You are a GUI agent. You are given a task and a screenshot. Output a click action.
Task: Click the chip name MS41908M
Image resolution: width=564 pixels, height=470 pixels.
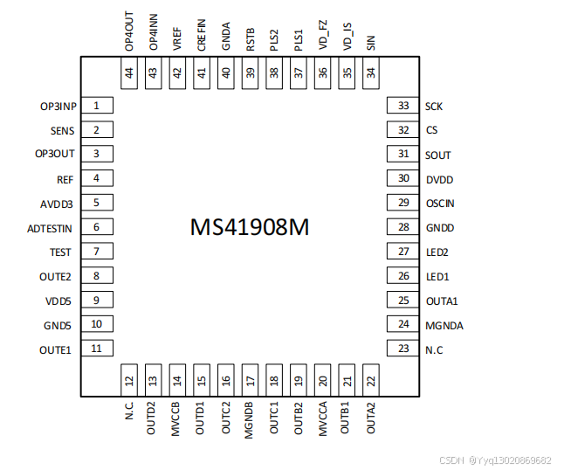250,227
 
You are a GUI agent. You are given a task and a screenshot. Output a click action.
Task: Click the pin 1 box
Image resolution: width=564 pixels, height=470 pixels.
97,106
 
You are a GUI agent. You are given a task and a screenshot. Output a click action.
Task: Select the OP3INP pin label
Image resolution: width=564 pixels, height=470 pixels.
58,106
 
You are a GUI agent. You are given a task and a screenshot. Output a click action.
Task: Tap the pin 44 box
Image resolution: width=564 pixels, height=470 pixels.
129,74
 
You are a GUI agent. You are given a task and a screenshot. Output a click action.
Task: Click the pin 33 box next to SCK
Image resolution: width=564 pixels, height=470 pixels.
402,106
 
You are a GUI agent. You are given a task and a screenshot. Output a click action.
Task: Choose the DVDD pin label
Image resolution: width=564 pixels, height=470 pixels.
439,179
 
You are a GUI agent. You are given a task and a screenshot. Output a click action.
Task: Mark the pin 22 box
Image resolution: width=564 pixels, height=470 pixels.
371,380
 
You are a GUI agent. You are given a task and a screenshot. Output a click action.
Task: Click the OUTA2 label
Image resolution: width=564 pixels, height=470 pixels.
372,418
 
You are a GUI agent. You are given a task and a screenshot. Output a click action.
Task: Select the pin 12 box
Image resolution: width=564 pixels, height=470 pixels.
129,380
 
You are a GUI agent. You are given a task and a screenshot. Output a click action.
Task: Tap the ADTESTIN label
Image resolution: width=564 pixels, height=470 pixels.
50,227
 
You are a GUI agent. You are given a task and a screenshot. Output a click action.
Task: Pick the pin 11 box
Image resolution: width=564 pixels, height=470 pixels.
97,349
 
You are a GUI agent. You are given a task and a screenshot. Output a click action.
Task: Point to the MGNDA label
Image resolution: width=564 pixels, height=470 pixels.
444,325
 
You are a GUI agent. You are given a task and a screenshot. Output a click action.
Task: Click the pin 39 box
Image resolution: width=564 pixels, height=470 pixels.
251,74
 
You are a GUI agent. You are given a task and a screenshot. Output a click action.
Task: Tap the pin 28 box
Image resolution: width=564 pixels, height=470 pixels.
402,227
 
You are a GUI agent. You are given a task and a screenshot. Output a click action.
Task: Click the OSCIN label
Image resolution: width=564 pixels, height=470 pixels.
440,204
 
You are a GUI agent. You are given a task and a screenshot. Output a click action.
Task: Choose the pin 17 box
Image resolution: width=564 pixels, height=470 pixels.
251,380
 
